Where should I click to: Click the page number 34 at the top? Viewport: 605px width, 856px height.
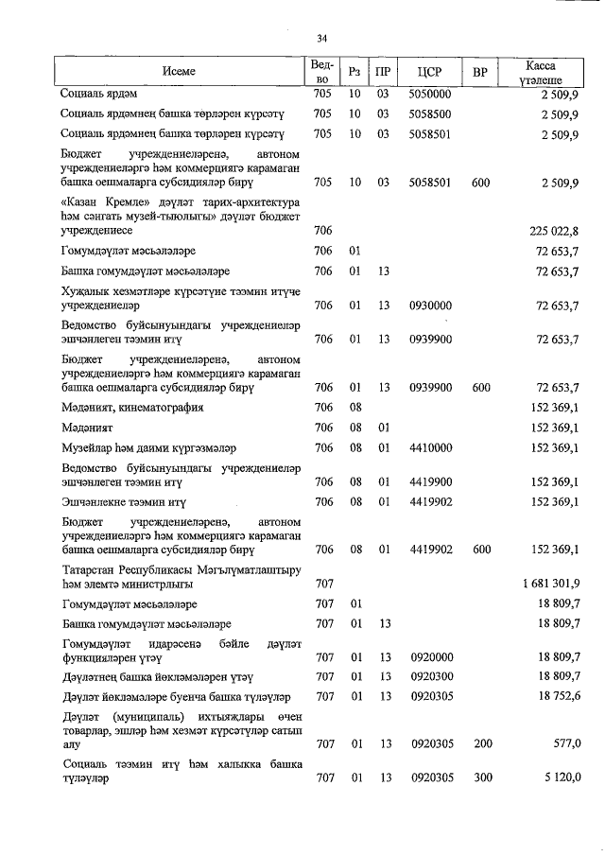point(321,38)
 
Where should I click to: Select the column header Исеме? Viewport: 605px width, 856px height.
point(179,72)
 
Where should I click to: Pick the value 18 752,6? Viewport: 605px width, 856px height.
point(558,697)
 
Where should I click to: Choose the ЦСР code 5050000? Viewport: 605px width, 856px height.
point(431,95)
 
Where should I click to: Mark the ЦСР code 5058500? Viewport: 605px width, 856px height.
point(431,114)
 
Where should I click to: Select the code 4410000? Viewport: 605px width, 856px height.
point(431,447)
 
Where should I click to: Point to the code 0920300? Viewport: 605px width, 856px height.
point(431,677)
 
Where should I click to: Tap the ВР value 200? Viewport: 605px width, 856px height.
point(482,744)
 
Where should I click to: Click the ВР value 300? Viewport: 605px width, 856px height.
point(482,777)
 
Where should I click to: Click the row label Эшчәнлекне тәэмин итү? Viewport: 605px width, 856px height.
point(123,501)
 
